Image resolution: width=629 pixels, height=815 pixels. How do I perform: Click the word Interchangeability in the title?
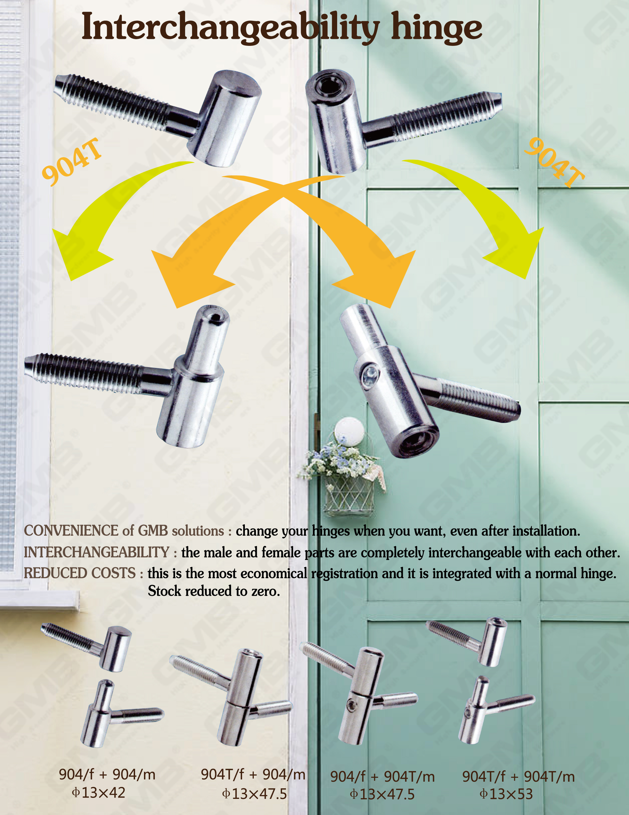point(230,27)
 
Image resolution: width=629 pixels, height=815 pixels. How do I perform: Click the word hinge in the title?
point(436,27)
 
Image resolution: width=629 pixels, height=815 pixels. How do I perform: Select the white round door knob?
point(349,431)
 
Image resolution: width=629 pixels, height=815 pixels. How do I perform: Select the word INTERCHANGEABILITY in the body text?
point(97,552)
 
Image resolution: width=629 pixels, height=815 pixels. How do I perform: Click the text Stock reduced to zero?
point(214,591)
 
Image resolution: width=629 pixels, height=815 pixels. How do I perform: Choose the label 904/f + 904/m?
point(107,775)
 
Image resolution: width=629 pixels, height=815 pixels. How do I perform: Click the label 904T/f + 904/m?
point(253,775)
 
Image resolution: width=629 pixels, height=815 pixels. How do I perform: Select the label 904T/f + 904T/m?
point(518,777)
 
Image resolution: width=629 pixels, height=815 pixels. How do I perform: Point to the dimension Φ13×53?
point(506,794)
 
